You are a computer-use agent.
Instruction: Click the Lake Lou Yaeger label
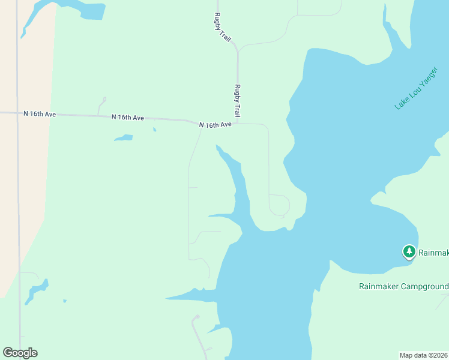pyautogui.click(x=417, y=88)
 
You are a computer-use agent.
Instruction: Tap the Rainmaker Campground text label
pyautogui.click(x=403, y=286)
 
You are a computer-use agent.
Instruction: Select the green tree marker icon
pyautogui.click(x=409, y=251)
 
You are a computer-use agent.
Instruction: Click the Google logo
pyautogui.click(x=20, y=353)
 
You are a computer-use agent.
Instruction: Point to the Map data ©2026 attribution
pyautogui.click(x=424, y=355)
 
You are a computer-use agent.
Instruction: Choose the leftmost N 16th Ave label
pyautogui.click(x=40, y=113)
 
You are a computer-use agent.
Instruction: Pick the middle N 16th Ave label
pyautogui.click(x=127, y=118)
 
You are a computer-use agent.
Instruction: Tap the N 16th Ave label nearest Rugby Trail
pyautogui.click(x=215, y=125)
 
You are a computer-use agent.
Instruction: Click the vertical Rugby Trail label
pyautogui.click(x=238, y=100)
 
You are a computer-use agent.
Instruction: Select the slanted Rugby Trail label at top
pyautogui.click(x=223, y=27)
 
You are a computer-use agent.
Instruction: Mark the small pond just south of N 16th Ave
pyautogui.click(x=124, y=138)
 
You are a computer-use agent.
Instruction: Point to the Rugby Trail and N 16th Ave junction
pyautogui.click(x=238, y=123)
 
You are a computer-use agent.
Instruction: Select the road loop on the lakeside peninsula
pyautogui.click(x=279, y=205)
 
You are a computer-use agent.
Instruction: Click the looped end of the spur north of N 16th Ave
pyautogui.click(x=103, y=99)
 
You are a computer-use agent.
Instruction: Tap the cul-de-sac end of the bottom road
pyautogui.click(x=195, y=317)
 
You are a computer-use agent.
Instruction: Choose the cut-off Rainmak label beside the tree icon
pyautogui.click(x=433, y=253)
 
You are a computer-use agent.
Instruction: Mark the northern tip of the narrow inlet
pyautogui.click(x=217, y=146)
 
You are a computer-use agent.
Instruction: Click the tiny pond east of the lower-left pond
pyautogui.click(x=64, y=301)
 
